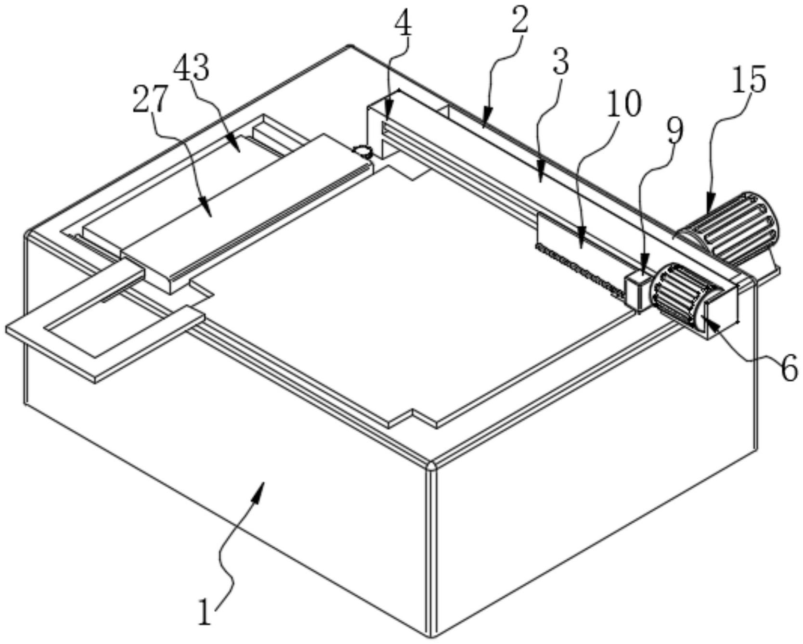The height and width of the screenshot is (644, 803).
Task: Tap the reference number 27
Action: (151, 99)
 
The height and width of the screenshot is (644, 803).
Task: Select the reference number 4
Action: (403, 24)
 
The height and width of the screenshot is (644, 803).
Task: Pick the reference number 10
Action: (623, 103)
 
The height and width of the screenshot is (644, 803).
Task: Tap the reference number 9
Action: (674, 131)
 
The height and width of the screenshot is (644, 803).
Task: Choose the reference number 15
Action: (749, 79)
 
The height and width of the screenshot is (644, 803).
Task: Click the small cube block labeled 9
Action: (636, 290)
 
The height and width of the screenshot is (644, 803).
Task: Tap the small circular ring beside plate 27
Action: (362, 152)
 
